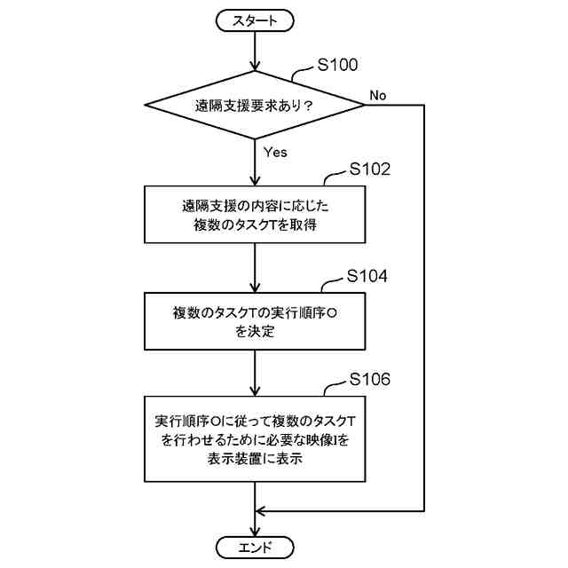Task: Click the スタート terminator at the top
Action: pos(255,19)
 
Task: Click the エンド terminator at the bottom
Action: pos(255,546)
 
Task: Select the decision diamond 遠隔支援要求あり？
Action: pos(255,106)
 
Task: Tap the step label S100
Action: pos(337,64)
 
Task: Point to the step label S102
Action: pos(370,169)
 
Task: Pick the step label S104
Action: pos(367,276)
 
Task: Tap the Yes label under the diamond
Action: pos(275,152)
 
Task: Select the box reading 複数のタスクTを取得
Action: pos(255,215)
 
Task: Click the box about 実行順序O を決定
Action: pos(255,321)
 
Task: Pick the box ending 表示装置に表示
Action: pos(255,438)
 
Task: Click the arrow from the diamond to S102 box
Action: pos(255,163)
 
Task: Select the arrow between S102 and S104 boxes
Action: pos(255,267)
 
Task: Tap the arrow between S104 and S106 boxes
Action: pos(255,374)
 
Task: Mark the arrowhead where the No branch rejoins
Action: pos(261,510)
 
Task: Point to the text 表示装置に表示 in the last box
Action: pos(255,461)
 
